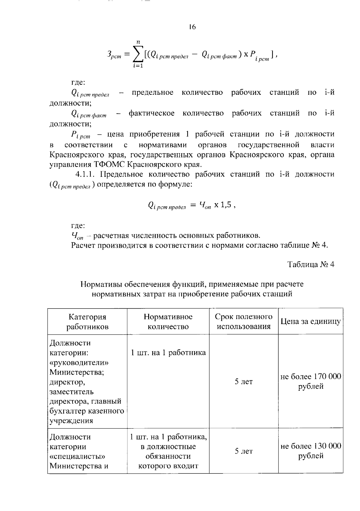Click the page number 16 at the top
click(x=192, y=27)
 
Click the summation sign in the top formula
click(x=138, y=54)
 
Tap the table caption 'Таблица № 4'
click(x=311, y=264)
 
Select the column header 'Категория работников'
click(x=87, y=321)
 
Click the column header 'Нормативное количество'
click(x=168, y=321)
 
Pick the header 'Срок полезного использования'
click(x=244, y=321)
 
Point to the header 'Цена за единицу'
click(x=310, y=321)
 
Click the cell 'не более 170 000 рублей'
click(x=310, y=381)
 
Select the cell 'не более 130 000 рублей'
click(x=310, y=451)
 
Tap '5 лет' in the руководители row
click(x=244, y=381)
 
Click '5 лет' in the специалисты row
click(x=244, y=451)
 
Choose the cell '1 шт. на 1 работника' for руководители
click(x=168, y=353)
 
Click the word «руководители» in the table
click(x=79, y=363)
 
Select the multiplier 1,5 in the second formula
click(x=226, y=205)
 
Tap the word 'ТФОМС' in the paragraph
click(x=109, y=165)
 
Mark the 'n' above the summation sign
click(x=138, y=42)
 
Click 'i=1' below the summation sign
click(x=138, y=66)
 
